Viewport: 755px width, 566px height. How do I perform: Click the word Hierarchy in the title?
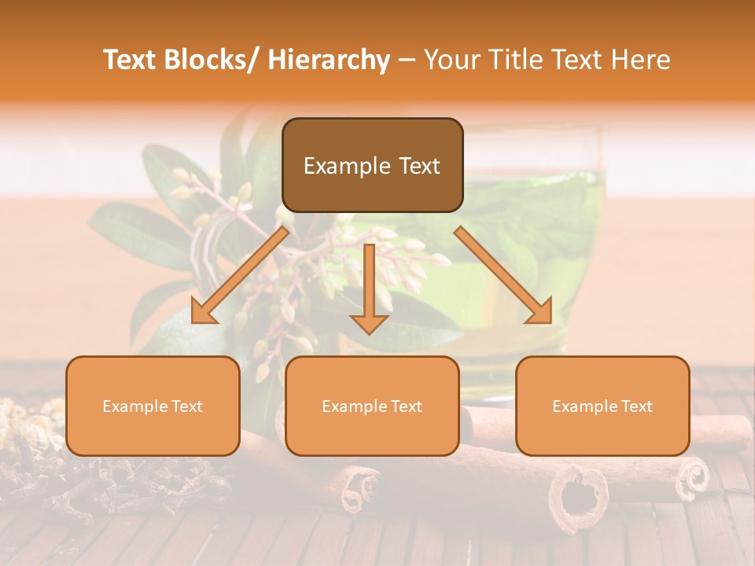(328, 60)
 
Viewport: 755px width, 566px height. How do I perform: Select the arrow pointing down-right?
(503, 275)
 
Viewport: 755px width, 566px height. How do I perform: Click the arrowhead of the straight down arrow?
(369, 323)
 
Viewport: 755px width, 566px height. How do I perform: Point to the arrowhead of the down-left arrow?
(203, 312)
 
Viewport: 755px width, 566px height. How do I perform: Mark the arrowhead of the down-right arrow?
(541, 312)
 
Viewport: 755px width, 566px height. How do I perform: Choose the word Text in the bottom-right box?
(635, 406)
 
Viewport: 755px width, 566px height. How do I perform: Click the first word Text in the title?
(128, 60)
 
